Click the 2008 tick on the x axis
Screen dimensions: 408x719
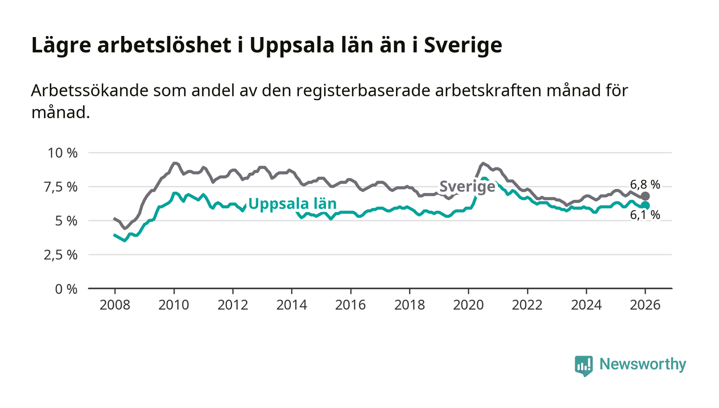coord(115,304)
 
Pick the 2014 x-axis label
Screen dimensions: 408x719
coord(291,304)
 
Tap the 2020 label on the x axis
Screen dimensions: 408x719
coord(468,304)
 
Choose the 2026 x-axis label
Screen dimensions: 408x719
coord(645,304)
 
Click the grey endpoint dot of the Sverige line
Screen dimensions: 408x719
coord(645,196)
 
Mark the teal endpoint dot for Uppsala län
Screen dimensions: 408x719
coord(645,206)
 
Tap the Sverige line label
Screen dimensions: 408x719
coord(467,187)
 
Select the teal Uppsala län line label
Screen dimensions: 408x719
coord(292,204)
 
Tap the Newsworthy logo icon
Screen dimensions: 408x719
coord(583,366)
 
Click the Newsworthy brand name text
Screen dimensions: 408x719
coord(642,364)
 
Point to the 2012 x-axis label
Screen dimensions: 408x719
coord(232,304)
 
